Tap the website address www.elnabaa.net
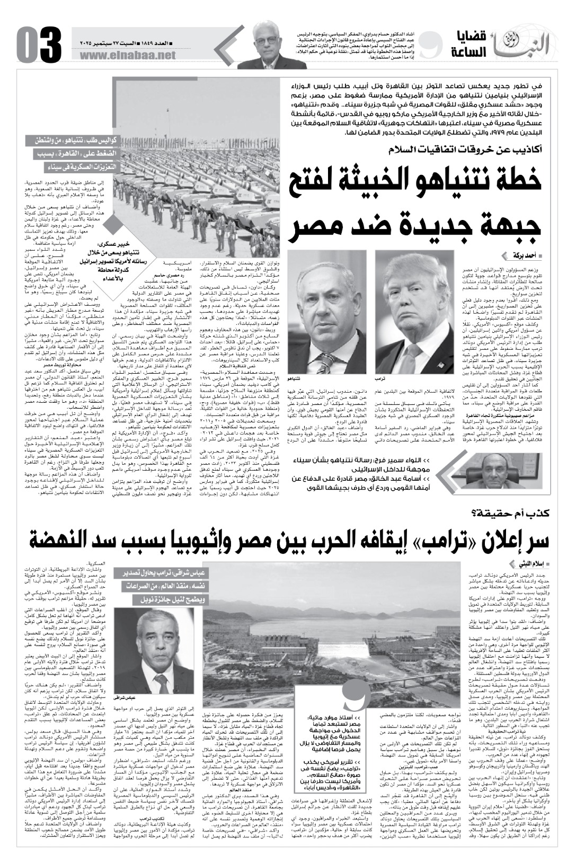click(129, 55)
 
